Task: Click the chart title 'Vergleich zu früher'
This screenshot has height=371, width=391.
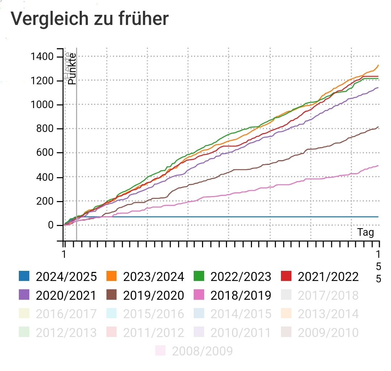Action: tap(89, 19)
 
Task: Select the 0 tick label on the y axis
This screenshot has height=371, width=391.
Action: tap(51, 226)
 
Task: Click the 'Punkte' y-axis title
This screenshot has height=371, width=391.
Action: tap(72, 69)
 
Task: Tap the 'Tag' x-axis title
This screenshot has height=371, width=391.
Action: tap(365, 232)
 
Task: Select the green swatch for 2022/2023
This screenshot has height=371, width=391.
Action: tap(199, 277)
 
